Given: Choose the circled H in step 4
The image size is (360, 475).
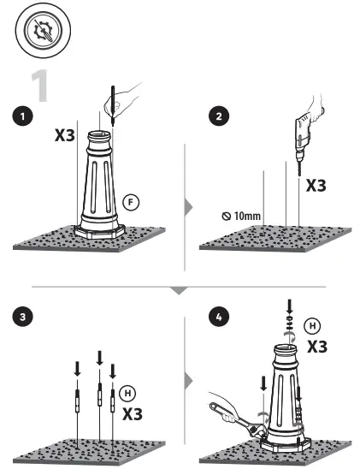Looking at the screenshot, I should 316,326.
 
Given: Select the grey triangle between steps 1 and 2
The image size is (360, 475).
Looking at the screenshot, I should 189,206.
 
